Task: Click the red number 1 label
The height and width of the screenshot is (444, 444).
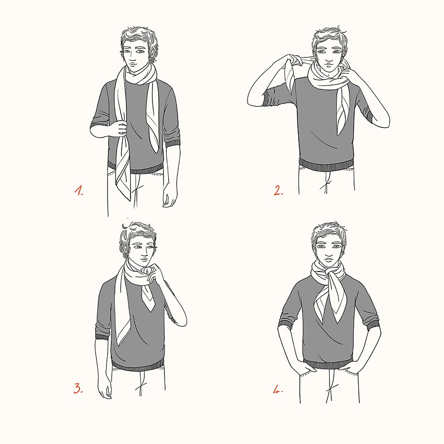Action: coord(79,191)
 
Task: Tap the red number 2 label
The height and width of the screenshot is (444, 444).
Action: coord(278,190)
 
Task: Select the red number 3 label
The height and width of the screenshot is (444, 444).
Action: coord(78,388)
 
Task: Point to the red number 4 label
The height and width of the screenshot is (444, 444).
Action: coord(278,390)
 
